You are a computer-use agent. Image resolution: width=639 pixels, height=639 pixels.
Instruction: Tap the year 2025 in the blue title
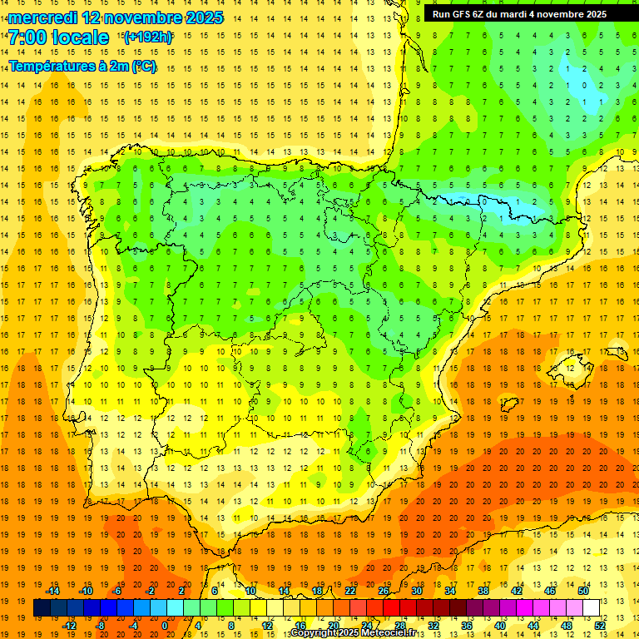tap(201, 17)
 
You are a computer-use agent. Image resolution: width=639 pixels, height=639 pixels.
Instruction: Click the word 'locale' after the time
tap(80, 38)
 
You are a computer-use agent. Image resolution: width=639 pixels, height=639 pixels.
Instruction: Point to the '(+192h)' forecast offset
tap(147, 37)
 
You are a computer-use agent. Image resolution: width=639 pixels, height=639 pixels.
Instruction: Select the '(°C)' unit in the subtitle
tap(143, 66)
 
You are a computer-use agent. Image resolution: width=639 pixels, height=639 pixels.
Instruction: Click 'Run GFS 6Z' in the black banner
tap(460, 14)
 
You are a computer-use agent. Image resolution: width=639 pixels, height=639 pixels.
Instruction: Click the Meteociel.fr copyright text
tap(353, 633)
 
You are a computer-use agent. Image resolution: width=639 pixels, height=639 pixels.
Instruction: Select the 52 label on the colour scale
tap(600, 625)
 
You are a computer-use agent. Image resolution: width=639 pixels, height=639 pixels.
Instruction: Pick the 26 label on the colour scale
tap(384, 591)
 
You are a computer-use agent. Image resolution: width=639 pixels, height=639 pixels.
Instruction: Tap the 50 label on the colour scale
tap(582, 591)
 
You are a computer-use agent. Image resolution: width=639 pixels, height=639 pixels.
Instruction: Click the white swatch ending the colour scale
tap(591, 607)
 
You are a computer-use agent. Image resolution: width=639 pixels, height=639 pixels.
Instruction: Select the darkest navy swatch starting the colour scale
tap(42, 607)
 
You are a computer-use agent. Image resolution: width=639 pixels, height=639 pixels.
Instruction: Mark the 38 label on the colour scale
tap(483, 591)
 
